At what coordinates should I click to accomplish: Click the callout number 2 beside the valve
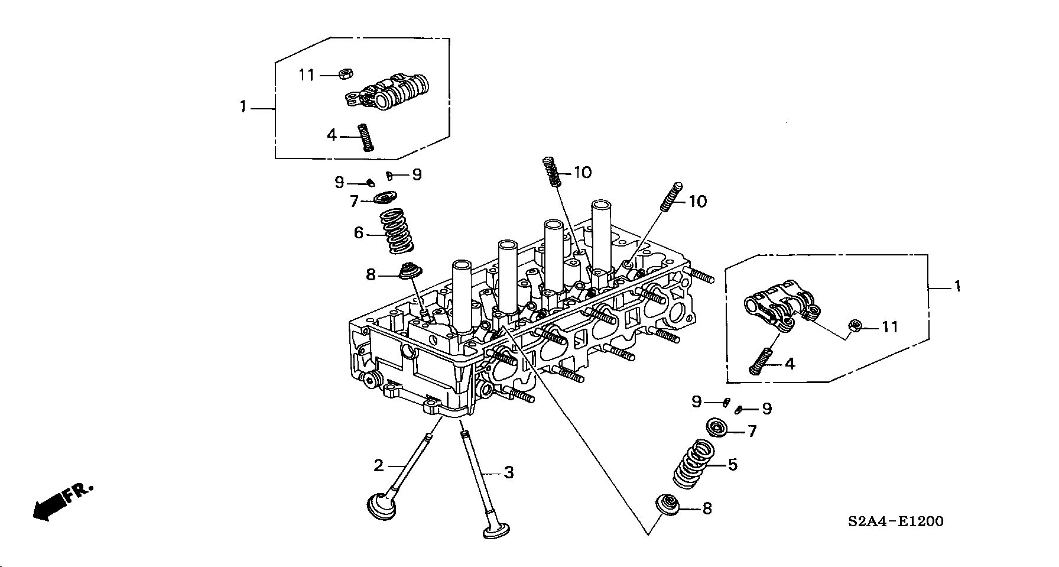(379, 465)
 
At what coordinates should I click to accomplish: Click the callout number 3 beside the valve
(509, 472)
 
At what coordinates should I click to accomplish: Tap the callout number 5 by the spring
(733, 465)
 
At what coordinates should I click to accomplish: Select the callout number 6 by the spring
(359, 233)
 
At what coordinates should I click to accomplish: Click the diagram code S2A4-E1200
(895, 521)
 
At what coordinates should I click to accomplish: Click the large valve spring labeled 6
(395, 231)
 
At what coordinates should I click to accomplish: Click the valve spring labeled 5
(695, 464)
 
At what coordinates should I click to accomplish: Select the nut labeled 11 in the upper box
(346, 74)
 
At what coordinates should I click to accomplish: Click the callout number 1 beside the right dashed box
(957, 287)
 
